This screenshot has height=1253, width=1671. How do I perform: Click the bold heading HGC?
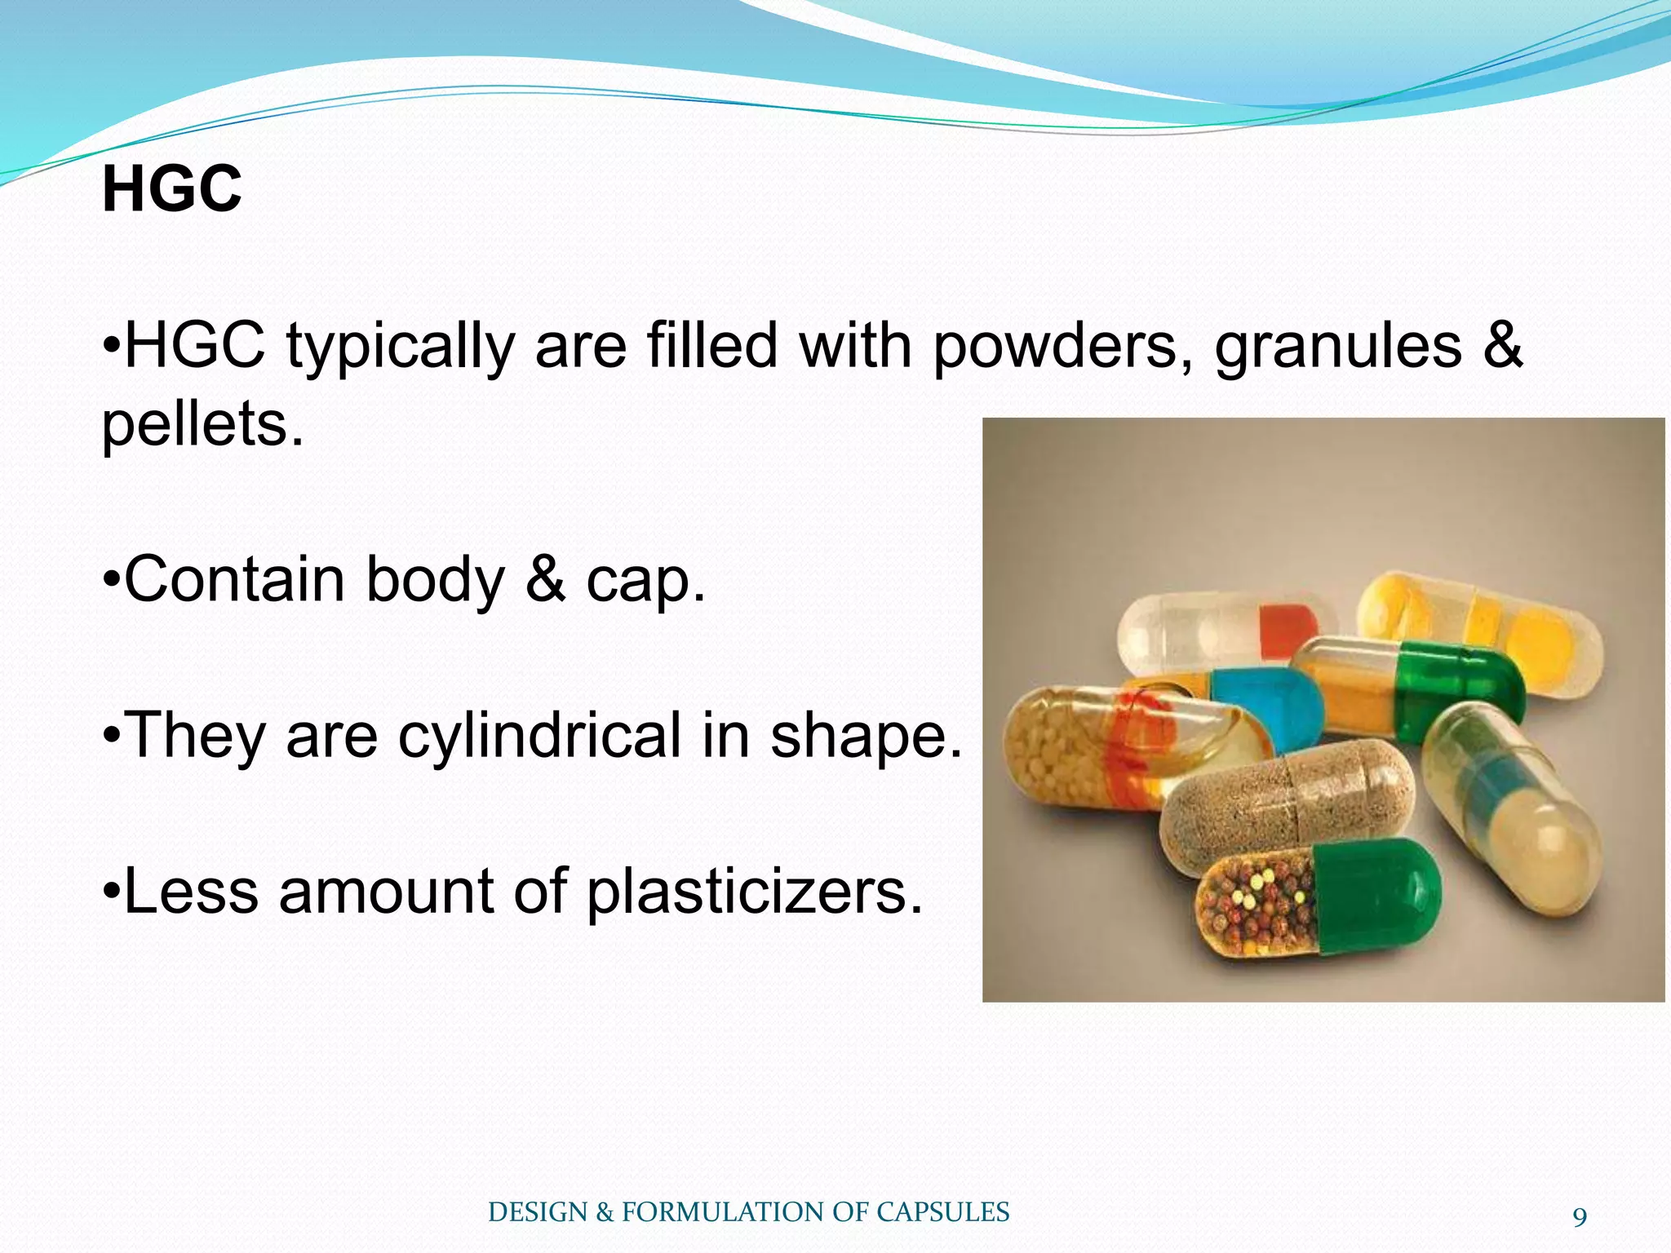point(171,189)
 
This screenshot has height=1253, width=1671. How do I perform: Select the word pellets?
point(202,424)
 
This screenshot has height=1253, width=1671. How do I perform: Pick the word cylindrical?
point(539,736)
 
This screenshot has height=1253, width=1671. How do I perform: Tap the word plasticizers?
point(755,892)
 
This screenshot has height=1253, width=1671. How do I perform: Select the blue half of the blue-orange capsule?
point(1269,702)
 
